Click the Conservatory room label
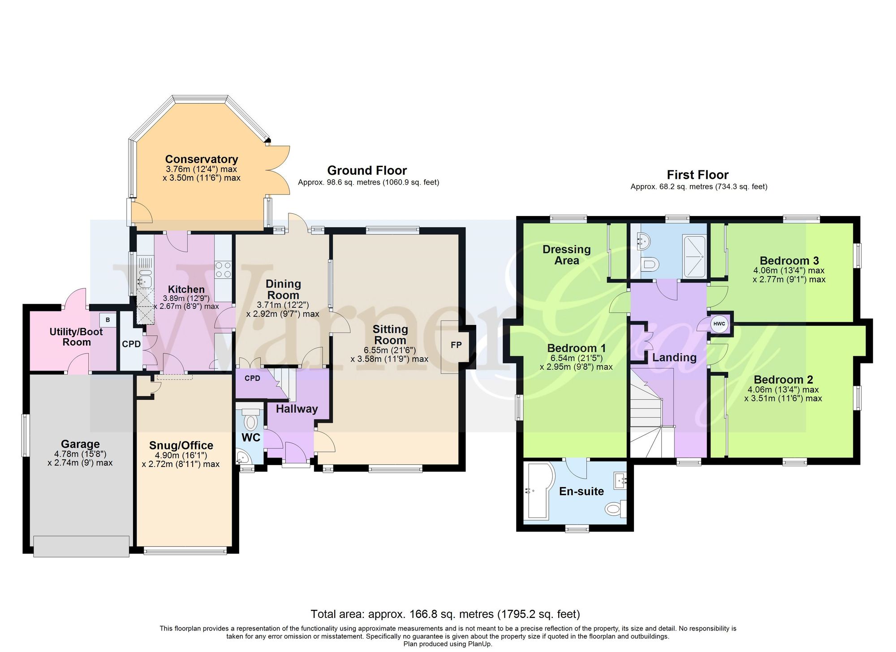click(202, 159)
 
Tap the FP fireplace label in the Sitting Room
click(456, 345)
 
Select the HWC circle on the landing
click(719, 324)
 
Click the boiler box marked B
click(108, 320)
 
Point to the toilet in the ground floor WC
click(251, 419)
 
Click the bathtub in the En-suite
click(539, 492)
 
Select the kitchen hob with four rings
click(223, 269)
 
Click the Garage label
click(80, 444)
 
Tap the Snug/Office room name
click(181, 445)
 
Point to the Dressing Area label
click(567, 255)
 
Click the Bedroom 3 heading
click(789, 261)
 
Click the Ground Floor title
click(367, 170)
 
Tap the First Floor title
click(698, 175)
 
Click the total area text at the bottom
click(445, 614)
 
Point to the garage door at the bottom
click(81, 546)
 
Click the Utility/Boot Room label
click(76, 337)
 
